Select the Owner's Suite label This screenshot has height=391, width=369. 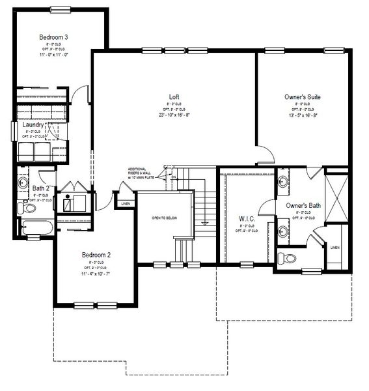[x=302, y=96]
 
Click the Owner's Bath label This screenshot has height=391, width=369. [x=303, y=206]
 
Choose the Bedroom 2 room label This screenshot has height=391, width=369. [x=96, y=255]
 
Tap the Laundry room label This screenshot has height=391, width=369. [x=33, y=124]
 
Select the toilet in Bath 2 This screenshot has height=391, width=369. [x=29, y=209]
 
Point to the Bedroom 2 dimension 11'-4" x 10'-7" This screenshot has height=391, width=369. [x=96, y=274]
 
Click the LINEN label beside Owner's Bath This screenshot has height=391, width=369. [x=335, y=248]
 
